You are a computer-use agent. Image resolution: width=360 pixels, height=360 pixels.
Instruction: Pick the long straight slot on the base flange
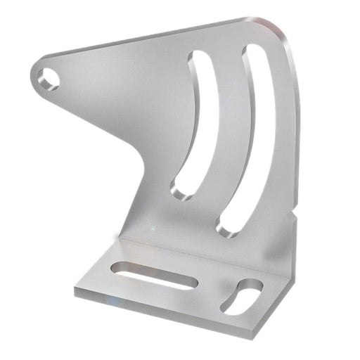click(x=153, y=275)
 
